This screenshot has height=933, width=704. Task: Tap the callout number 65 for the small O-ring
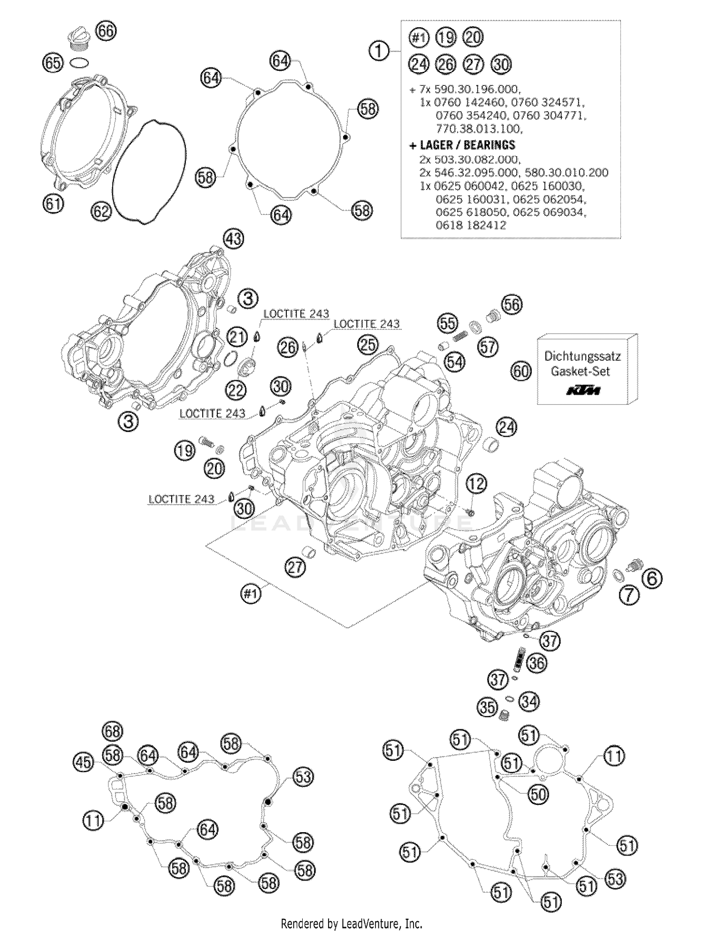click(x=53, y=62)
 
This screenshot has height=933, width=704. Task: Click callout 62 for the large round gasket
click(x=101, y=211)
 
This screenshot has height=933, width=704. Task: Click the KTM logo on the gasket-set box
click(x=583, y=390)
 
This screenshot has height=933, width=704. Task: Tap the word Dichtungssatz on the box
click(x=582, y=356)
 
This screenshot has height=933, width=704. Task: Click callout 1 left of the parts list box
click(x=379, y=51)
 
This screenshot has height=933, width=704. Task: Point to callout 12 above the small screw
click(x=476, y=484)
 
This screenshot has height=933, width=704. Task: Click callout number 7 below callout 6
click(x=629, y=595)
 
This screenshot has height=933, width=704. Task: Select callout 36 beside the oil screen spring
click(x=536, y=663)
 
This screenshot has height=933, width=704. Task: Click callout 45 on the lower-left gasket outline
click(x=83, y=762)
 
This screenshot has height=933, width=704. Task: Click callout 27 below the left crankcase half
click(x=295, y=568)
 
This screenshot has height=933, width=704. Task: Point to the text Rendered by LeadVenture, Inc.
click(x=351, y=924)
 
